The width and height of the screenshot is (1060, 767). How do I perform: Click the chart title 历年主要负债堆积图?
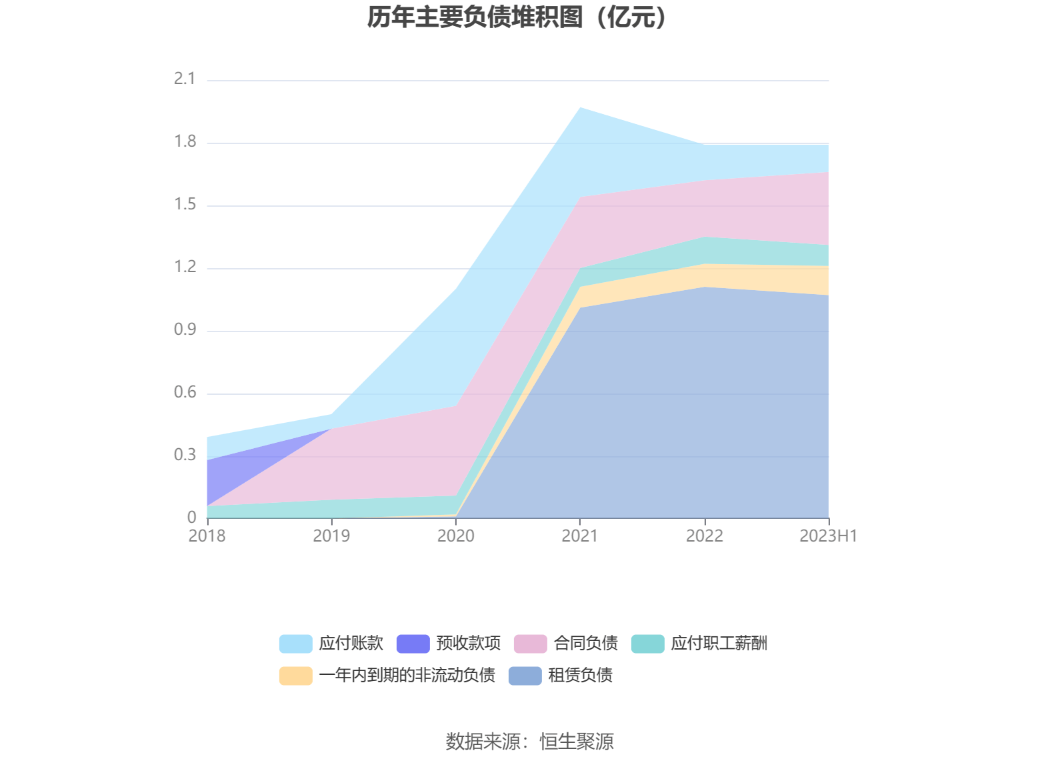[517, 17]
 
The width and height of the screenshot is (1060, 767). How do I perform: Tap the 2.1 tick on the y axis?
[185, 79]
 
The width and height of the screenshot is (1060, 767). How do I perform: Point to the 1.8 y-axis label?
[185, 141]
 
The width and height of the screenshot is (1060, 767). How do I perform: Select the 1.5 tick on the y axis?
[185, 204]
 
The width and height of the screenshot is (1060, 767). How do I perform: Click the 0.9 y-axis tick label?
[185, 329]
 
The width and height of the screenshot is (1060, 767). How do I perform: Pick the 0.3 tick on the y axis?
[185, 455]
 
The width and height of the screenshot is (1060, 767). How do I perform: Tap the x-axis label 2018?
[207, 536]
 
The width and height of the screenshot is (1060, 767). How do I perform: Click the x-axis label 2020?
[455, 536]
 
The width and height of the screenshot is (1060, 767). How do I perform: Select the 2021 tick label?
[579, 536]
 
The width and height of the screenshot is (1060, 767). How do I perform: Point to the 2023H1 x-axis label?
[828, 536]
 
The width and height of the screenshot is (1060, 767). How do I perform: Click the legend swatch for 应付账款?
[295, 644]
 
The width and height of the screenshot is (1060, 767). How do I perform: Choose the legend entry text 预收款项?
[468, 644]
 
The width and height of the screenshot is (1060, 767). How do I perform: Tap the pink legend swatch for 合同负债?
[530, 644]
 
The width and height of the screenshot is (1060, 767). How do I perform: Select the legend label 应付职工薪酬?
[719, 644]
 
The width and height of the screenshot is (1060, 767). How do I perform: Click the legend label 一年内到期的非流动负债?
[407, 676]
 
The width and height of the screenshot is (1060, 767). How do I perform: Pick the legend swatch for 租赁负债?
[525, 676]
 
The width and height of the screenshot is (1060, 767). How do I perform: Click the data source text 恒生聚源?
[577, 742]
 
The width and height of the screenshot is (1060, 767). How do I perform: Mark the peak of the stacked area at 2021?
[580, 108]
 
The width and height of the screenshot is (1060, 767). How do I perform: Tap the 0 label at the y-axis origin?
[192, 518]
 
